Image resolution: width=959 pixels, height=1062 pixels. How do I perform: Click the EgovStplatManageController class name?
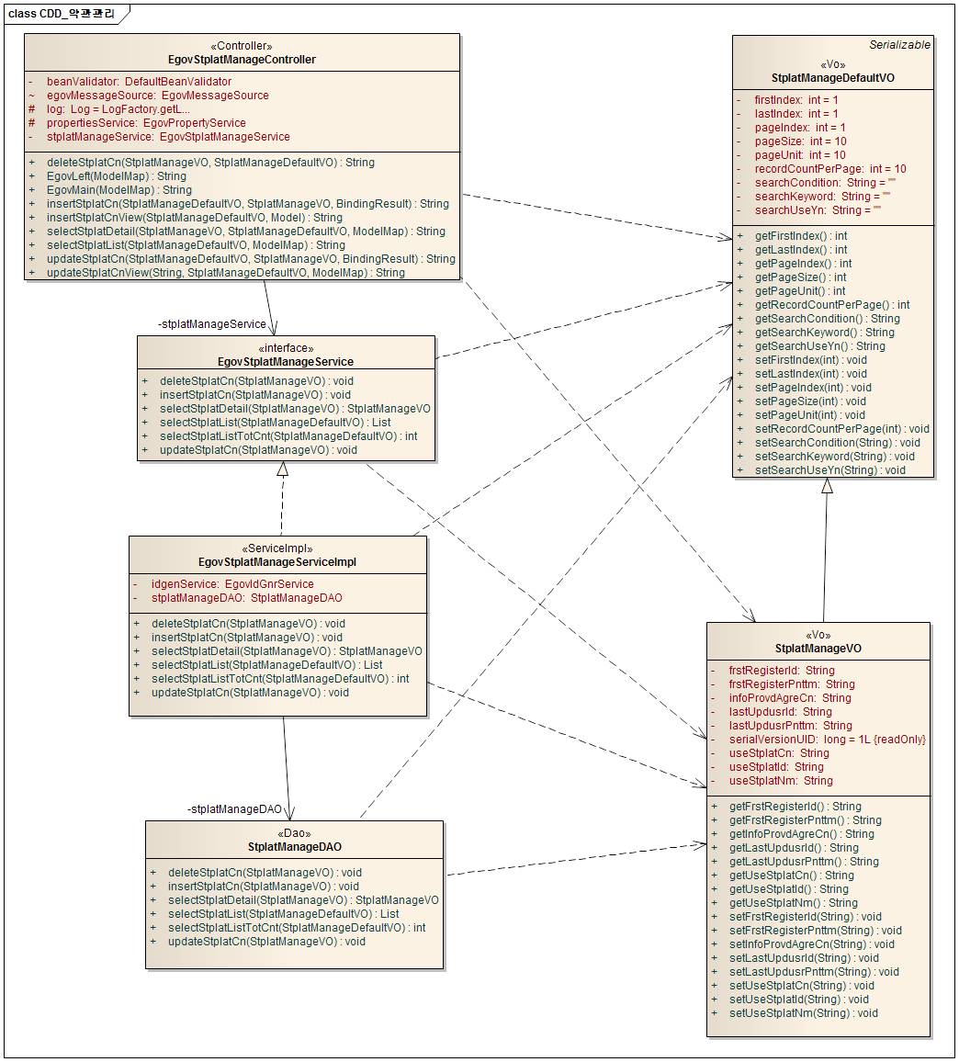(243, 60)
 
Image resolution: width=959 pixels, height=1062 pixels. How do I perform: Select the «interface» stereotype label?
(286, 348)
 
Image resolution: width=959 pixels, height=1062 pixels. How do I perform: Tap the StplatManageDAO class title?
(295, 846)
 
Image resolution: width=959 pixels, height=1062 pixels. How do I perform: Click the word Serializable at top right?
(899, 44)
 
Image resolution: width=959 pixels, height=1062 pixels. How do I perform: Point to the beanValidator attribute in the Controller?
(139, 82)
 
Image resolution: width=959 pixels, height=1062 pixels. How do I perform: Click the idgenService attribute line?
(232, 584)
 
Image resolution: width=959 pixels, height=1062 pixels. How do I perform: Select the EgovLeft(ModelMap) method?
(116, 176)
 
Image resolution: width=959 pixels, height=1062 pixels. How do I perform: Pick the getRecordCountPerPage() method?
(832, 305)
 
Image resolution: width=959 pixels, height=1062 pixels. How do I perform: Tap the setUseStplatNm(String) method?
(804, 1013)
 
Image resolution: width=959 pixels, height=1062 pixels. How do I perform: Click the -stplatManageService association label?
(212, 324)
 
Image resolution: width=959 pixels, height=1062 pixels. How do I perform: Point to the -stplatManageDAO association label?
(234, 809)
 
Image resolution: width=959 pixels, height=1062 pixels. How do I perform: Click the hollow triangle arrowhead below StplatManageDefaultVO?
(827, 486)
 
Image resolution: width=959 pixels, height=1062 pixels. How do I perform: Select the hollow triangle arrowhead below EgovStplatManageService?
(283, 469)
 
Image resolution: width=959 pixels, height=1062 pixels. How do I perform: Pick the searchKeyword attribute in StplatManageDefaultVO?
(822, 197)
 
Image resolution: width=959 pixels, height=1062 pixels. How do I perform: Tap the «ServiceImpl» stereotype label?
(277, 548)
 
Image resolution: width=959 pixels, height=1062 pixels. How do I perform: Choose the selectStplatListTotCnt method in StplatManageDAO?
(296, 928)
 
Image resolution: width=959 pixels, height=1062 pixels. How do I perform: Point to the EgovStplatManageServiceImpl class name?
(277, 562)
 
